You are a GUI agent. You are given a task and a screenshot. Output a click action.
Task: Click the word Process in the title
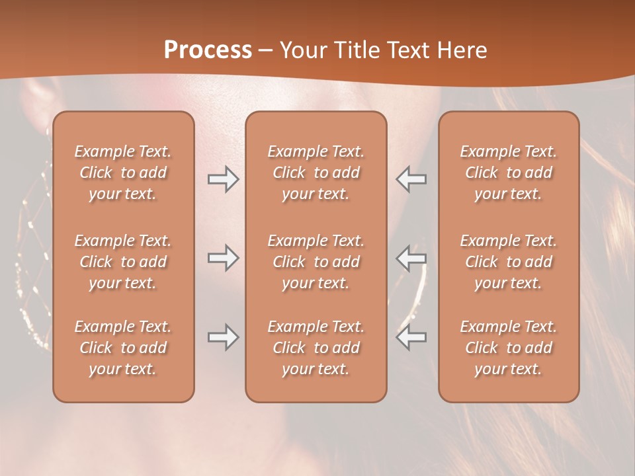point(208,50)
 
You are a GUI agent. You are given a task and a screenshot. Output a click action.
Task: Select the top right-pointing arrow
point(223,179)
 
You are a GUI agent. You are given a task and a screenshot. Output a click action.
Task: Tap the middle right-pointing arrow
point(223,258)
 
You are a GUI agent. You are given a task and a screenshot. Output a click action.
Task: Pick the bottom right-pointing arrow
point(223,337)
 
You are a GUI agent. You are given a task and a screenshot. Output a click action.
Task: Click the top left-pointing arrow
point(411,179)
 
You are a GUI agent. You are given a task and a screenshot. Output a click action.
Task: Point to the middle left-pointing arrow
point(411,258)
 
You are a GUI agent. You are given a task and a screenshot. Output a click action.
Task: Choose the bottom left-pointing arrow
point(411,337)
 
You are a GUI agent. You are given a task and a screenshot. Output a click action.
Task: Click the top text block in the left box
point(123,173)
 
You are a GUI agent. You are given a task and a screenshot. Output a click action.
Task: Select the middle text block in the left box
point(123,262)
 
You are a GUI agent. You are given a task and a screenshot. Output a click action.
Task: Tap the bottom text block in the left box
point(123,348)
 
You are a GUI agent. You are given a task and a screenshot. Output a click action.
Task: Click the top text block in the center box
point(316,173)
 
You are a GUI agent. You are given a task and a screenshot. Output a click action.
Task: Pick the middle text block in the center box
point(316,262)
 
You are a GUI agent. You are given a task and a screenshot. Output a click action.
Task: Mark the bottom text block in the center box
point(316,348)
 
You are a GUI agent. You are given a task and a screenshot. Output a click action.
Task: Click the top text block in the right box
point(508,173)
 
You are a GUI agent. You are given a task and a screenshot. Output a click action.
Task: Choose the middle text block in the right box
point(508,262)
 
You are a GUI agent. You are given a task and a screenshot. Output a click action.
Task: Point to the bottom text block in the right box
point(508,348)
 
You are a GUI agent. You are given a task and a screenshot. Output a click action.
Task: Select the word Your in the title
point(304,50)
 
